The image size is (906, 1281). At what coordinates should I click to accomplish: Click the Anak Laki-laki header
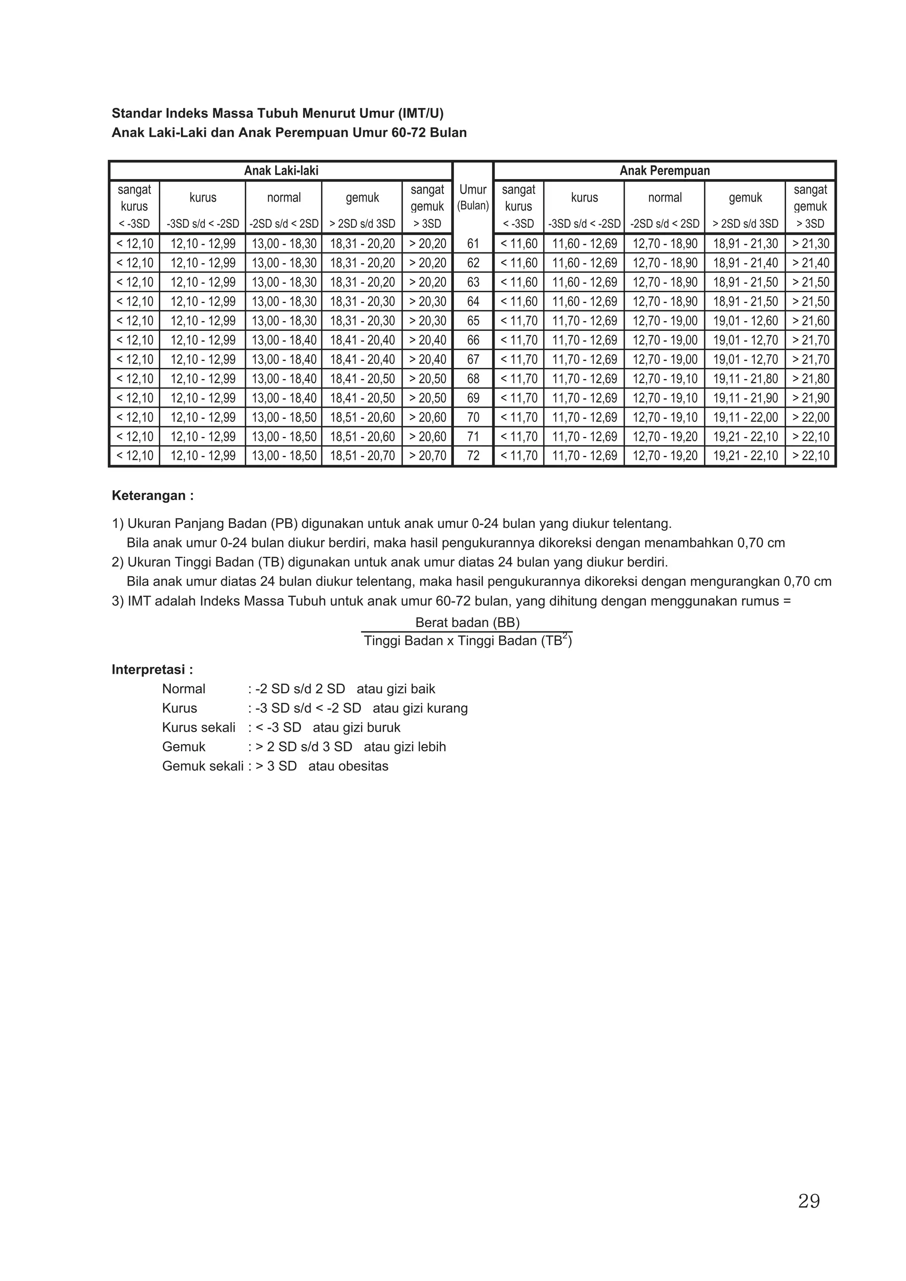pyautogui.click(x=281, y=171)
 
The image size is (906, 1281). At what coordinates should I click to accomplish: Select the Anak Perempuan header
pyautogui.click(x=664, y=171)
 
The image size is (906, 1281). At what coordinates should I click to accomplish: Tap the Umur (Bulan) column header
pyautogui.click(x=473, y=198)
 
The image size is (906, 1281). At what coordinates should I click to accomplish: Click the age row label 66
pyautogui.click(x=473, y=340)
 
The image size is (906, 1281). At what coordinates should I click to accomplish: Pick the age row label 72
pyautogui.click(x=473, y=456)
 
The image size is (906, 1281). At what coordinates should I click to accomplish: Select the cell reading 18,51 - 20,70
pyautogui.click(x=362, y=456)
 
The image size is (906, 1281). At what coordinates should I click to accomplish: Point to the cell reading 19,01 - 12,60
pyautogui.click(x=745, y=321)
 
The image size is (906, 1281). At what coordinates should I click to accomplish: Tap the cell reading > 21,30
pyautogui.click(x=810, y=244)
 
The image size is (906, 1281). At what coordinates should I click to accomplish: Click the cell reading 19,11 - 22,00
pyautogui.click(x=745, y=417)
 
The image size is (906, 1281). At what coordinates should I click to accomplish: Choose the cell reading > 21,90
pyautogui.click(x=810, y=398)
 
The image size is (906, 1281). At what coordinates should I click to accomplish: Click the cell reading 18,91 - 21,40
pyautogui.click(x=745, y=263)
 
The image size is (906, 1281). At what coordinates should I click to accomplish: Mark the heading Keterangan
pyautogui.click(x=152, y=495)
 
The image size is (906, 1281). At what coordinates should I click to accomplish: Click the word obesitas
pyautogui.click(x=362, y=766)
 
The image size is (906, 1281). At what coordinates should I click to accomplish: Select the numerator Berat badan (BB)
pyautogui.click(x=467, y=623)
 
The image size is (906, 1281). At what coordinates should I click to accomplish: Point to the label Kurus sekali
pyautogui.click(x=199, y=727)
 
